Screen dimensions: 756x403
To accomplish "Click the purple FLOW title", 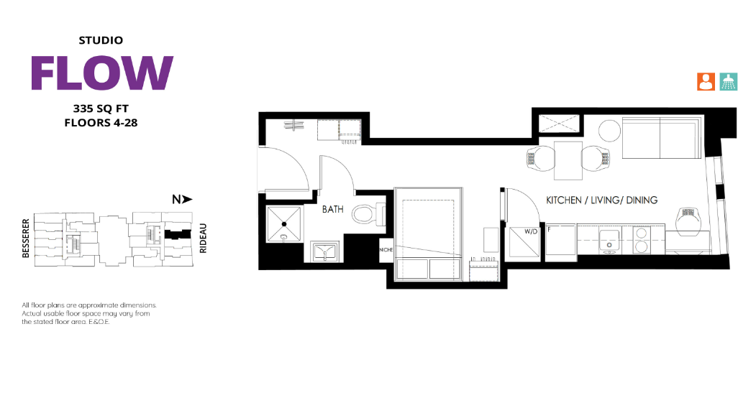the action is point(101,73).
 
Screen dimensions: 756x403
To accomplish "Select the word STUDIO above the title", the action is point(101,40).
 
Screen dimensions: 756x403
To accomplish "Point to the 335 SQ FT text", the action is point(101,108).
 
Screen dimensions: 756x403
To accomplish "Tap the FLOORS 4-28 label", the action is point(101,123).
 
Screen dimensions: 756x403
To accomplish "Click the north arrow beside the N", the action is point(187,199).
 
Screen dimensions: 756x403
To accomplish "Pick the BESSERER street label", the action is point(26,238).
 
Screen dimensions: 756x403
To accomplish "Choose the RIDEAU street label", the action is point(203,238).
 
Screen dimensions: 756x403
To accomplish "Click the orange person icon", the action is point(706,82).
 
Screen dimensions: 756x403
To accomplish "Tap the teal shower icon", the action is point(729,82).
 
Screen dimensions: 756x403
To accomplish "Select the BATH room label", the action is point(332,210).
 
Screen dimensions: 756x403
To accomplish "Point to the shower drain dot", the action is point(284,224).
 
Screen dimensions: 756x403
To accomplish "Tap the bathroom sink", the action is point(325,252).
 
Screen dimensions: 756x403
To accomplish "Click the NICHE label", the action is point(386,250).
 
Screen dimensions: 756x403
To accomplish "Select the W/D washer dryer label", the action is point(530,231).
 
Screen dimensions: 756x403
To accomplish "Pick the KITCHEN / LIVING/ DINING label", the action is point(602,200).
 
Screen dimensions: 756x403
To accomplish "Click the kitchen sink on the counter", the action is point(609,241).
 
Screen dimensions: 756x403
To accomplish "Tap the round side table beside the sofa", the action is point(610,130).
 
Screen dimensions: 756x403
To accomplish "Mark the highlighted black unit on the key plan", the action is point(178,234).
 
